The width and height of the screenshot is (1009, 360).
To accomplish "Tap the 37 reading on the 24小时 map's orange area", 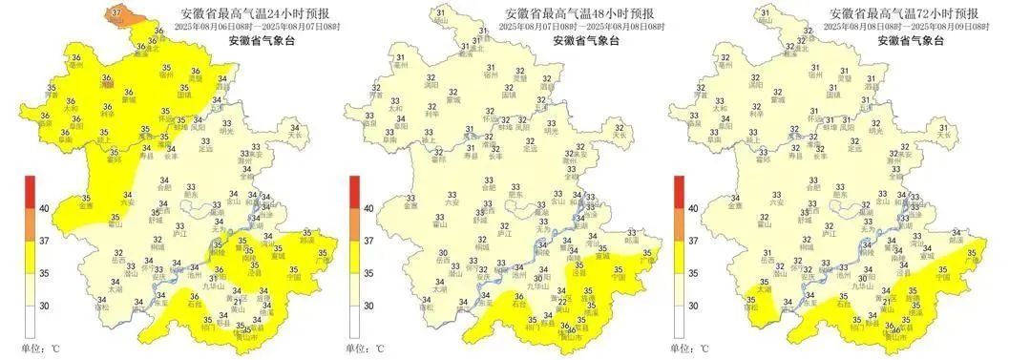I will pyautogui.click(x=116, y=12).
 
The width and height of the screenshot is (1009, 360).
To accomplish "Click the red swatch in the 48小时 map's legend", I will pyautogui.click(x=355, y=191).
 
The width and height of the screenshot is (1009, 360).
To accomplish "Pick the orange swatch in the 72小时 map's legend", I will pyautogui.click(x=679, y=224).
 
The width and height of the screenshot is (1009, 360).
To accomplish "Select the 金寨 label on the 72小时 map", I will pyautogui.click(x=736, y=205).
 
